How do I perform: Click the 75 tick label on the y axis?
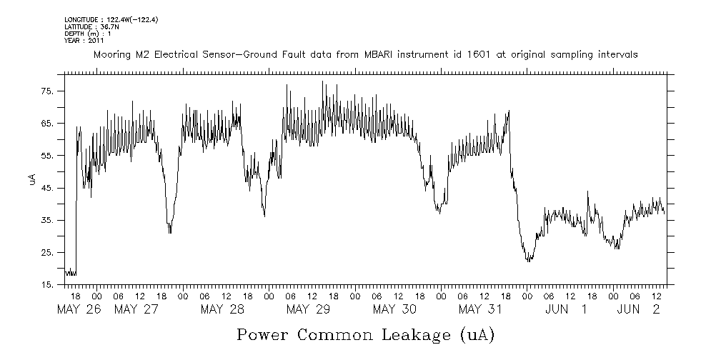47,91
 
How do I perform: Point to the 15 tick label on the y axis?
47,285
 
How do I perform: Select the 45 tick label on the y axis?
47,189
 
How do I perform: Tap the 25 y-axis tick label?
47,253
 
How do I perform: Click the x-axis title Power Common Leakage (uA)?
366,334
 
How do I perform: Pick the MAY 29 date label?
308,309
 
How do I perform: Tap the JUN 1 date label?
566,309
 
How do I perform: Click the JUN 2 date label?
638,309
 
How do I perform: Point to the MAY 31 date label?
480,309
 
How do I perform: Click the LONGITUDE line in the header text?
111,19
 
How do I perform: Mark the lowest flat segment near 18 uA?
71,274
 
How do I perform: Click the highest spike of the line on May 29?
323,81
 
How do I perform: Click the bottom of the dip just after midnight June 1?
529,261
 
